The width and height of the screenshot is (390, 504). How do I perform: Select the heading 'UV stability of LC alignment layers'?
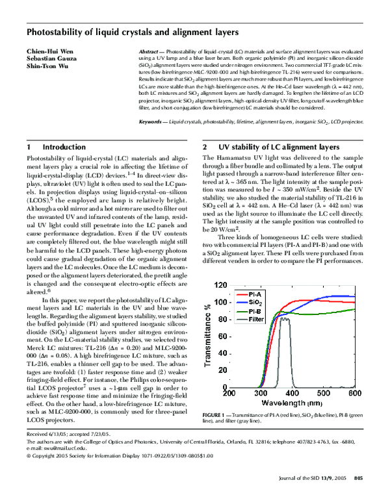(x=288, y=147)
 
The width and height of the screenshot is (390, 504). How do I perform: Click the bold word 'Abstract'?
(x=151, y=51)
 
